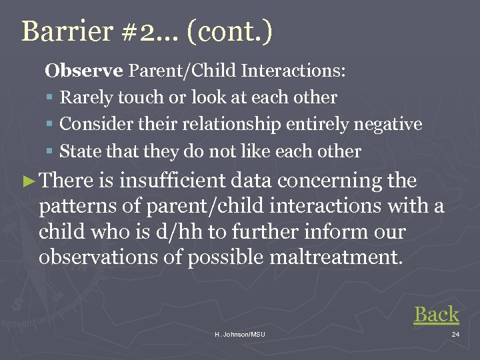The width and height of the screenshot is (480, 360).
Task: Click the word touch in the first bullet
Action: point(143,97)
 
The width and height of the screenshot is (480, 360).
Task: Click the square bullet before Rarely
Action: point(50,98)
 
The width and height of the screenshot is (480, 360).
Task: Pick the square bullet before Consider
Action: point(50,125)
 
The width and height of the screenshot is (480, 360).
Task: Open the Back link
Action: point(436,315)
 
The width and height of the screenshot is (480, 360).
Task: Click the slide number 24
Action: point(455,334)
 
